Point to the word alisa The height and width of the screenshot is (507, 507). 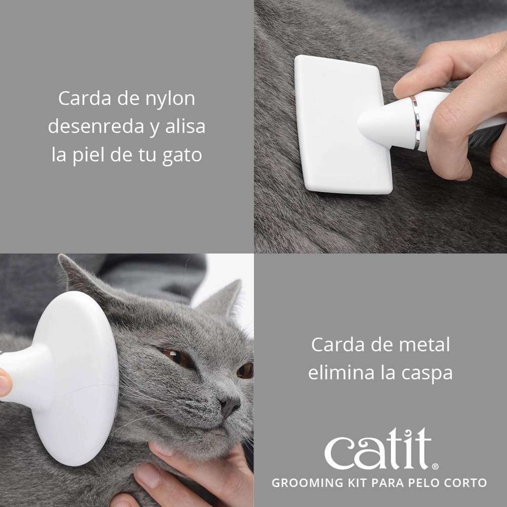185,127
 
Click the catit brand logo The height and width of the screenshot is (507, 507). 378,449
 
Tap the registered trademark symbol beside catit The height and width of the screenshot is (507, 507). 435,466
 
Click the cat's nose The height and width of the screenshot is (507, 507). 230,404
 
